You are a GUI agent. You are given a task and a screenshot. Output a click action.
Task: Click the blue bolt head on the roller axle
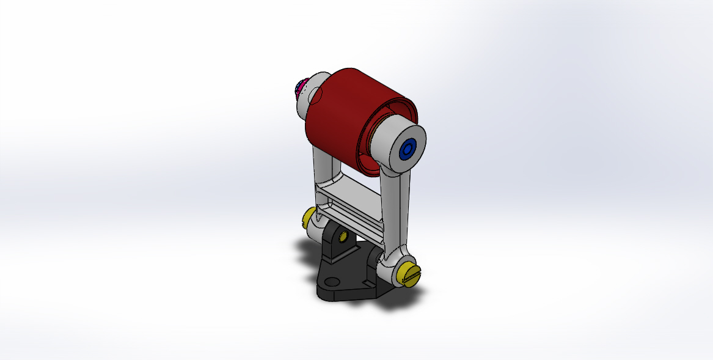(x=407, y=150)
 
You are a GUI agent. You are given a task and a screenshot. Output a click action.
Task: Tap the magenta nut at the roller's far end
(x=299, y=89)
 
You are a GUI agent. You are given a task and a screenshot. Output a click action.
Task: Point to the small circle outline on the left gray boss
(x=315, y=95)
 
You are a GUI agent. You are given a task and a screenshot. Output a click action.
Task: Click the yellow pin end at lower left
(x=309, y=217)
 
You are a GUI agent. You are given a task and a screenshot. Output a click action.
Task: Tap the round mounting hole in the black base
(x=332, y=282)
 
